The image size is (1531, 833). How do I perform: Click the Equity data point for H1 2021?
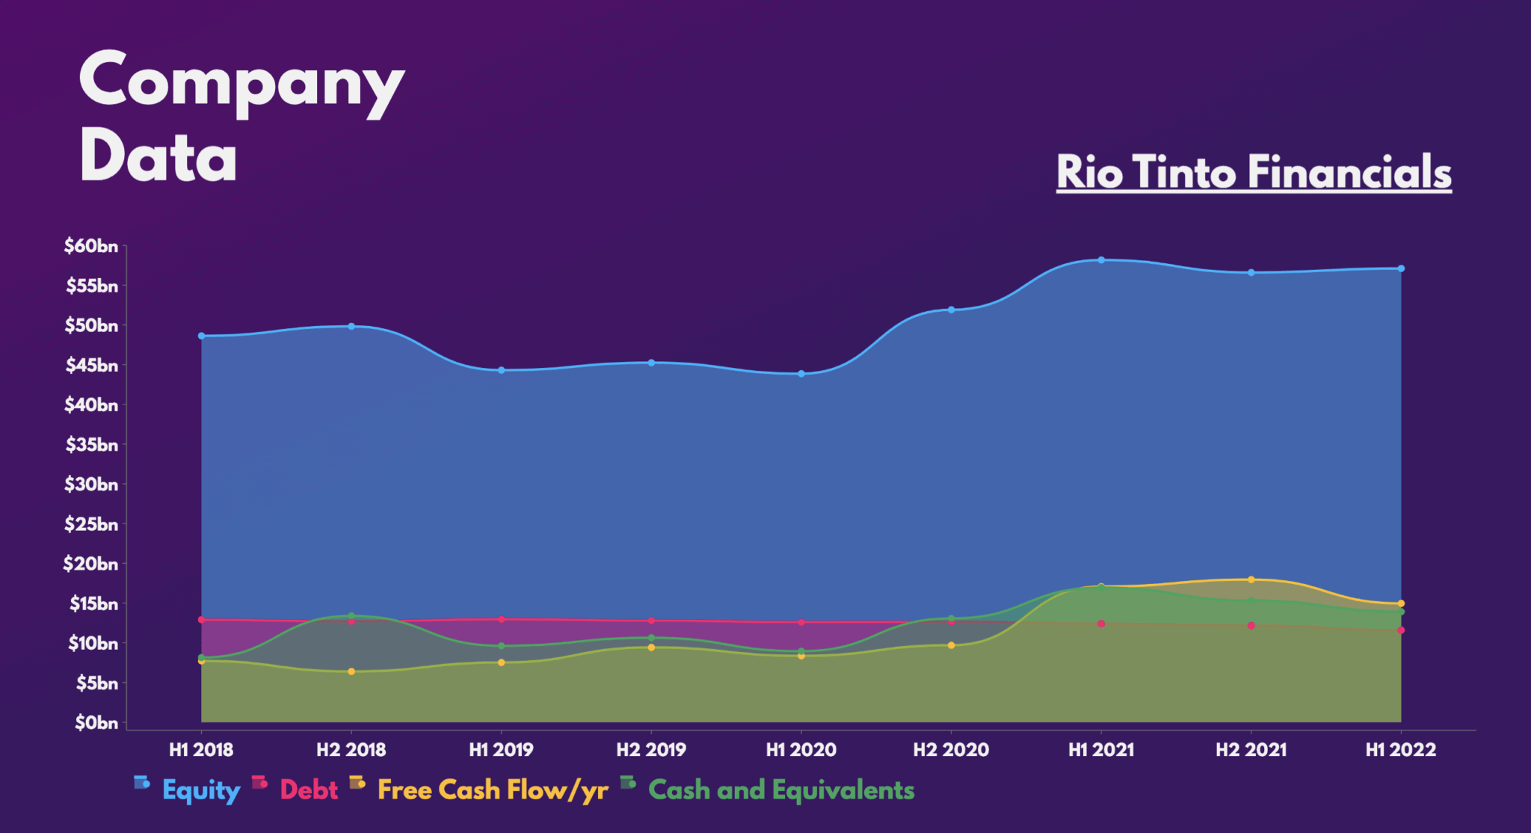(1101, 260)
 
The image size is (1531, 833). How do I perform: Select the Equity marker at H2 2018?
(351, 326)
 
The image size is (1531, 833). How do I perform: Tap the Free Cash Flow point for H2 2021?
(1251, 580)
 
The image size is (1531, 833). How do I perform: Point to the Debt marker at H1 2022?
(1401, 630)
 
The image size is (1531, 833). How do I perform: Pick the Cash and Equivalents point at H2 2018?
(351, 616)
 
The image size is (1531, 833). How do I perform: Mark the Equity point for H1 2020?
(801, 374)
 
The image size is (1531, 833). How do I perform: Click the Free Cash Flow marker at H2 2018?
(351, 671)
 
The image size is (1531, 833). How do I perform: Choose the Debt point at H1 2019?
(502, 619)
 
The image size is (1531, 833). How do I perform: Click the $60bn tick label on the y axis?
(91, 246)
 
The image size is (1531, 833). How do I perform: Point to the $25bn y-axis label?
(91, 524)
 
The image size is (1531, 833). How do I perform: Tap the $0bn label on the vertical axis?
(96, 723)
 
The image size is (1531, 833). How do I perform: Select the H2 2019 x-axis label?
(651, 750)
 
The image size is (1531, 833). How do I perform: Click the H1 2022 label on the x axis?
(1401, 750)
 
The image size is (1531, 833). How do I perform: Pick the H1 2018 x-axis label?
(201, 750)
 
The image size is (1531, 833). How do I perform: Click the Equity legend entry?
(201, 790)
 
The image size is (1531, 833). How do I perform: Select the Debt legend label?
(309, 790)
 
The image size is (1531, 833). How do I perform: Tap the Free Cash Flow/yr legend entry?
(493, 790)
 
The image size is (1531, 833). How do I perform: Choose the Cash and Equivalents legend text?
(781, 790)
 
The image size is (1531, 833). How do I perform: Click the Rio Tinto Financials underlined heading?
(1254, 172)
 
